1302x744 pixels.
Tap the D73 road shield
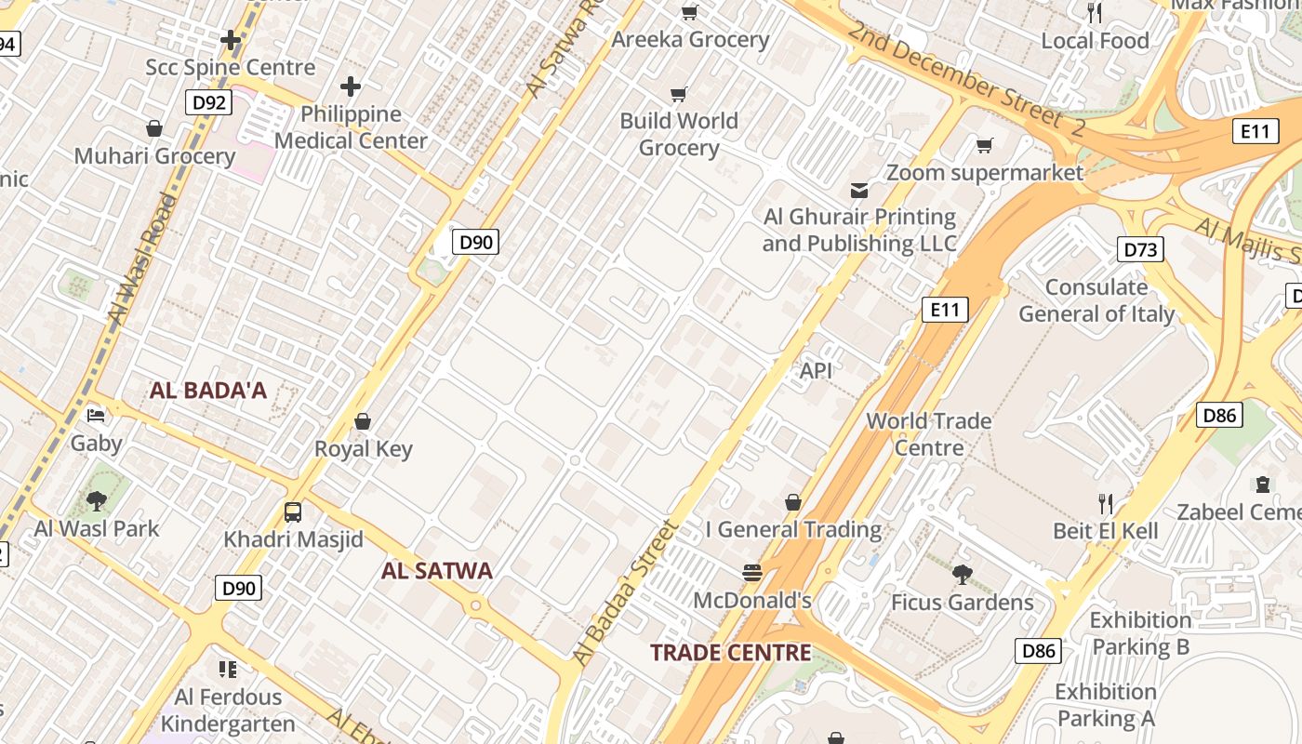pyautogui.click(x=1140, y=249)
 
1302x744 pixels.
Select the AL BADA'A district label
pyautogui.click(x=207, y=391)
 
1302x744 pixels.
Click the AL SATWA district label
pyautogui.click(x=436, y=571)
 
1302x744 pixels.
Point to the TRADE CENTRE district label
pyautogui.click(x=730, y=653)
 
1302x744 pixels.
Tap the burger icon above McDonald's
pyautogui.click(x=752, y=572)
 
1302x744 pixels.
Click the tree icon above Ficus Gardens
pyautogui.click(x=963, y=574)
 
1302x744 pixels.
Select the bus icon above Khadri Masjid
pyautogui.click(x=293, y=511)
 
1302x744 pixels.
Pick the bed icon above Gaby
pyautogui.click(x=96, y=415)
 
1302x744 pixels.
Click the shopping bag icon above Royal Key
pyautogui.click(x=363, y=421)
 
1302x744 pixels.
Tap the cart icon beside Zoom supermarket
pyautogui.click(x=984, y=145)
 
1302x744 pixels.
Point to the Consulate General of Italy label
pyautogui.click(x=1096, y=300)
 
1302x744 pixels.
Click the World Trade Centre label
pyautogui.click(x=929, y=434)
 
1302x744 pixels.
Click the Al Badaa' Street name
pyautogui.click(x=626, y=592)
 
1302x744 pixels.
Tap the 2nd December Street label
pyautogui.click(x=965, y=80)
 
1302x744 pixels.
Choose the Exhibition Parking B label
pyautogui.click(x=1140, y=633)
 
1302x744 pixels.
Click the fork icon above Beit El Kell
pyautogui.click(x=1106, y=504)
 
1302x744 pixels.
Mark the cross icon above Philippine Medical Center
pyautogui.click(x=351, y=87)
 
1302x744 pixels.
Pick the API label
pyautogui.click(x=816, y=371)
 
